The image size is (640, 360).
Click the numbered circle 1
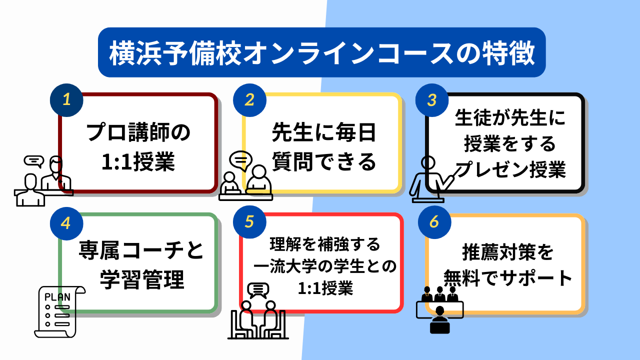[x=66, y=100]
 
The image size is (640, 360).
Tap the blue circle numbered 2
[x=249, y=100]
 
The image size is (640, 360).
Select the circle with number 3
[x=431, y=100]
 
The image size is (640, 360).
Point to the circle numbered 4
[x=66, y=223]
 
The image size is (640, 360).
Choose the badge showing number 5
[x=249, y=222]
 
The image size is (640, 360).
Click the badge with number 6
[x=434, y=222]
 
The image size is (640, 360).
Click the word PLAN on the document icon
[x=57, y=297]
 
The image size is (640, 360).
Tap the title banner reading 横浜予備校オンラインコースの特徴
[x=321, y=52]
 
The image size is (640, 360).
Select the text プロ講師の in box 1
[x=138, y=132]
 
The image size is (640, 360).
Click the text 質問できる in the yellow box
[x=323, y=161]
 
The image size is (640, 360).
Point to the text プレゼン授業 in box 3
[x=510, y=169]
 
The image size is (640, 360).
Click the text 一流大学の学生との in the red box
[x=325, y=266]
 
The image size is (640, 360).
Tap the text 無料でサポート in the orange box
[x=507, y=277]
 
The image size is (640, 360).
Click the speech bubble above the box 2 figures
[x=241, y=161]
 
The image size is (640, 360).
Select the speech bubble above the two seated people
[x=258, y=290]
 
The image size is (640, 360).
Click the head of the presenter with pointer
[x=428, y=162]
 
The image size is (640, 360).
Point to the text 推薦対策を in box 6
[x=507, y=252]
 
